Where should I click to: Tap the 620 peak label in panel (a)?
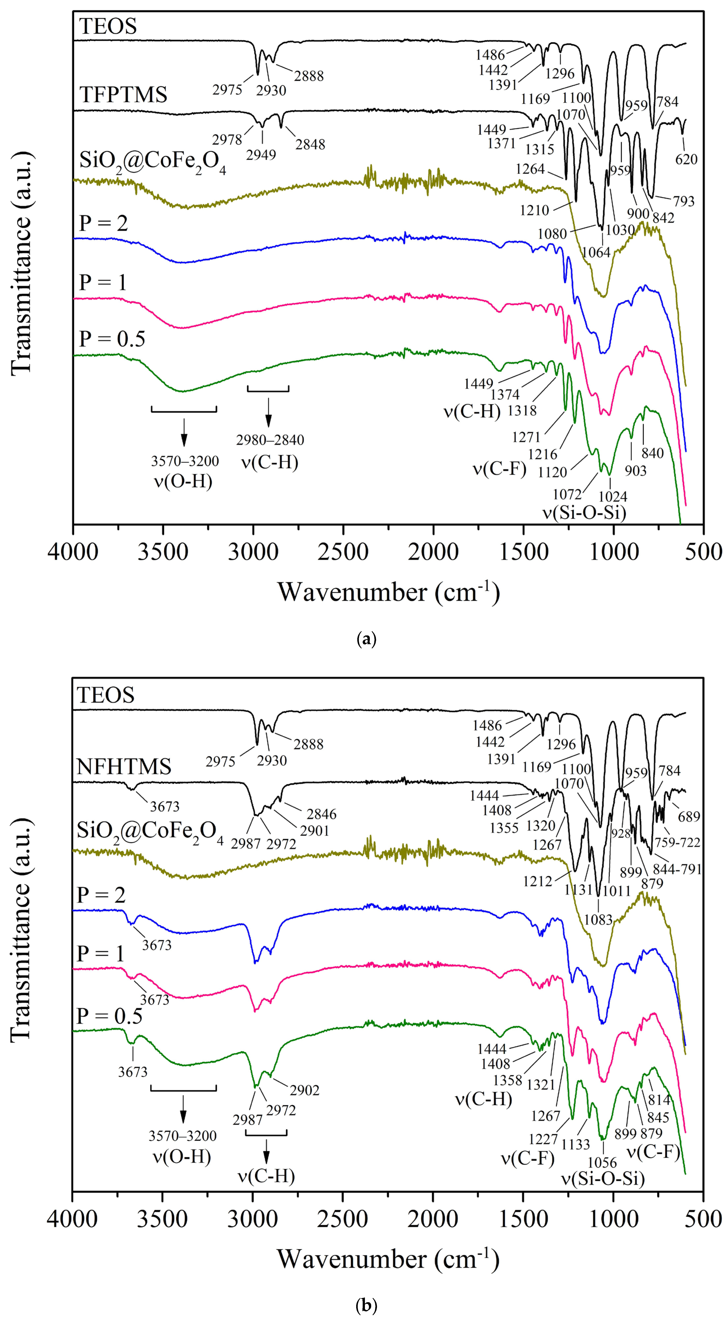coord(686,160)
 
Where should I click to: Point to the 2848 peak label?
coord(310,145)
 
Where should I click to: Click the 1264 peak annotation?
coord(530,169)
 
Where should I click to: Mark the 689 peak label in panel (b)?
coord(689,816)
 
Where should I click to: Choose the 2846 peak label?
coord(321,813)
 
